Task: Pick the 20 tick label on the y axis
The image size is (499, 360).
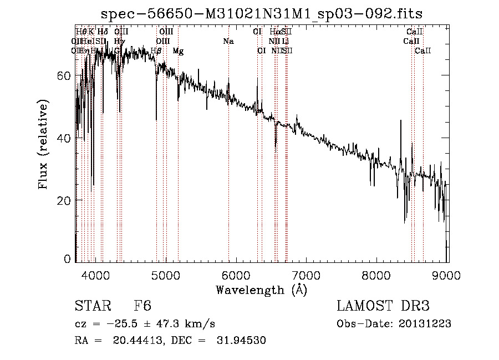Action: click(x=65, y=200)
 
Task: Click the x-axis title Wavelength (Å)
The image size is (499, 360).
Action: click(x=261, y=290)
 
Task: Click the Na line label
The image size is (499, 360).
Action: click(x=228, y=41)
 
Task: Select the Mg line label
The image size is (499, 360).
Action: click(x=178, y=51)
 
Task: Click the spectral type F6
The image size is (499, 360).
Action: click(x=142, y=306)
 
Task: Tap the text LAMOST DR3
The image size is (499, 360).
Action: click(x=383, y=306)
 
